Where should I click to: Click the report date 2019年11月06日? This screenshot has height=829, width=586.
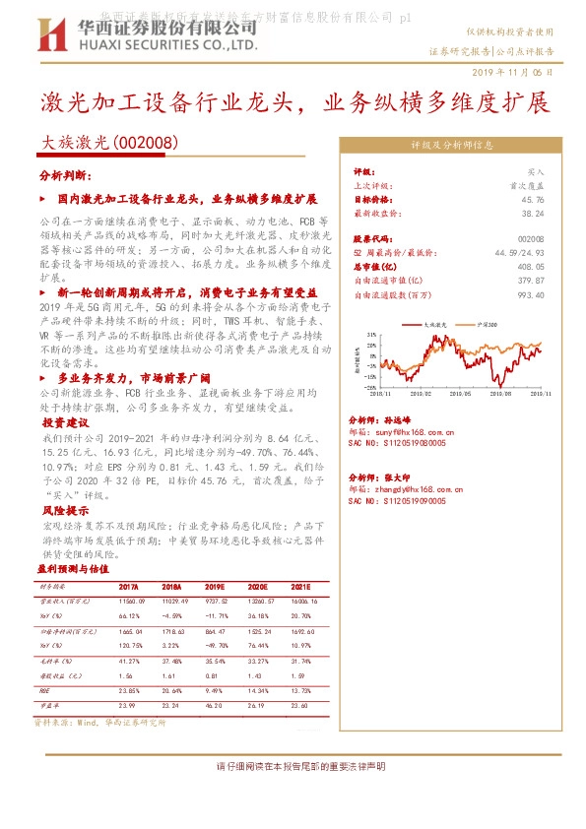520,73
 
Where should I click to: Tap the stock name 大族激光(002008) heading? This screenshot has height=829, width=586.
108,142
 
